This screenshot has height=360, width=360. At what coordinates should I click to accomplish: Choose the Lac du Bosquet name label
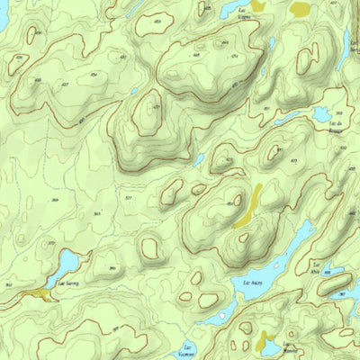coord(337,126)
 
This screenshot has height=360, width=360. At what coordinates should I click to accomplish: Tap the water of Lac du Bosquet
coord(319,114)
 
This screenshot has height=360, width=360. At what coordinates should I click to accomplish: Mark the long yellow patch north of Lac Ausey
coord(248,207)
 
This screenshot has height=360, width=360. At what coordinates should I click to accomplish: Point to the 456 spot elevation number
coord(163,20)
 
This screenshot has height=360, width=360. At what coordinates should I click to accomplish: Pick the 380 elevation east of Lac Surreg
coord(112,269)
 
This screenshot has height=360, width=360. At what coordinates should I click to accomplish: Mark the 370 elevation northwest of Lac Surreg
coord(51,244)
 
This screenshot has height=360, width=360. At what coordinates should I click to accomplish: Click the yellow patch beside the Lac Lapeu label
coord(259,5)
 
